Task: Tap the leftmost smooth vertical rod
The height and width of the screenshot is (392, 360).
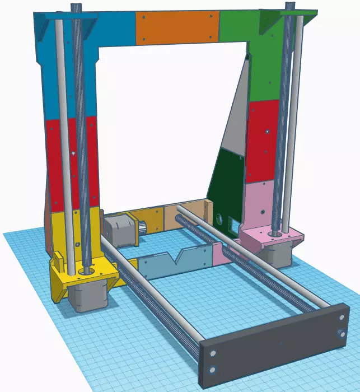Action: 64,140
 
